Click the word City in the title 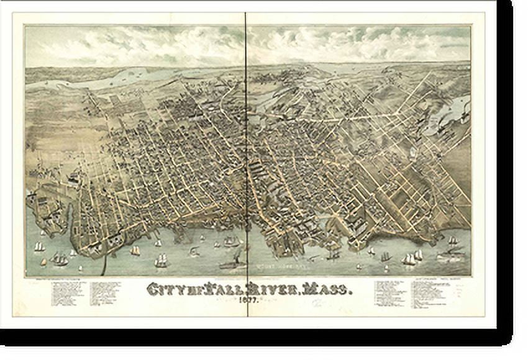(x=164, y=289)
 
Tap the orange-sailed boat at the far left (x=43, y=261)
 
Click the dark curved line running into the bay (x=104, y=261)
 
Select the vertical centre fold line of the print (x=247, y=155)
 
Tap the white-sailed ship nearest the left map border (x=39, y=247)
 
